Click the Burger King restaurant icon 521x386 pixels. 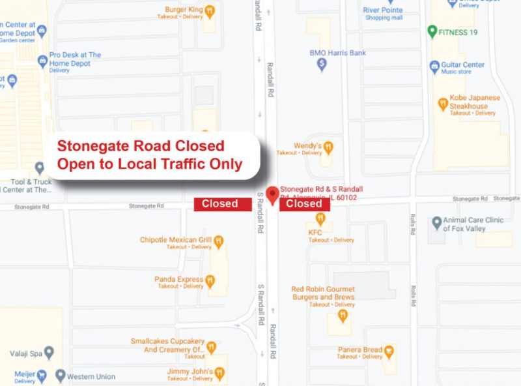point(210,11)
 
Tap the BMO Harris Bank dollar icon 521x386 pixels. point(321,65)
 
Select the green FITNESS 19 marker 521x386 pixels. point(432,31)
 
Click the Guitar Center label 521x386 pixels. point(463,65)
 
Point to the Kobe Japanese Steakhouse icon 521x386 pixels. point(443,103)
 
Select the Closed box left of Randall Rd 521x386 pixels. point(219,203)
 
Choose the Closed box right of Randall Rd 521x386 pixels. point(304,203)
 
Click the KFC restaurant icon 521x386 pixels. point(320,220)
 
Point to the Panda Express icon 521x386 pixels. point(210,281)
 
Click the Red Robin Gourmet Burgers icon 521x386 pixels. point(343,316)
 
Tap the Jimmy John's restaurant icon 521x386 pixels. point(219,373)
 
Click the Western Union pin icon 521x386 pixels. point(61,376)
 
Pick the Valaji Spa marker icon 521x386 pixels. point(48,353)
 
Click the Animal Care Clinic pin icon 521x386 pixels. point(437,222)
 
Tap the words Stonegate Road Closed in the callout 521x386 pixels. point(141,146)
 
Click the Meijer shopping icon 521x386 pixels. point(42,376)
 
